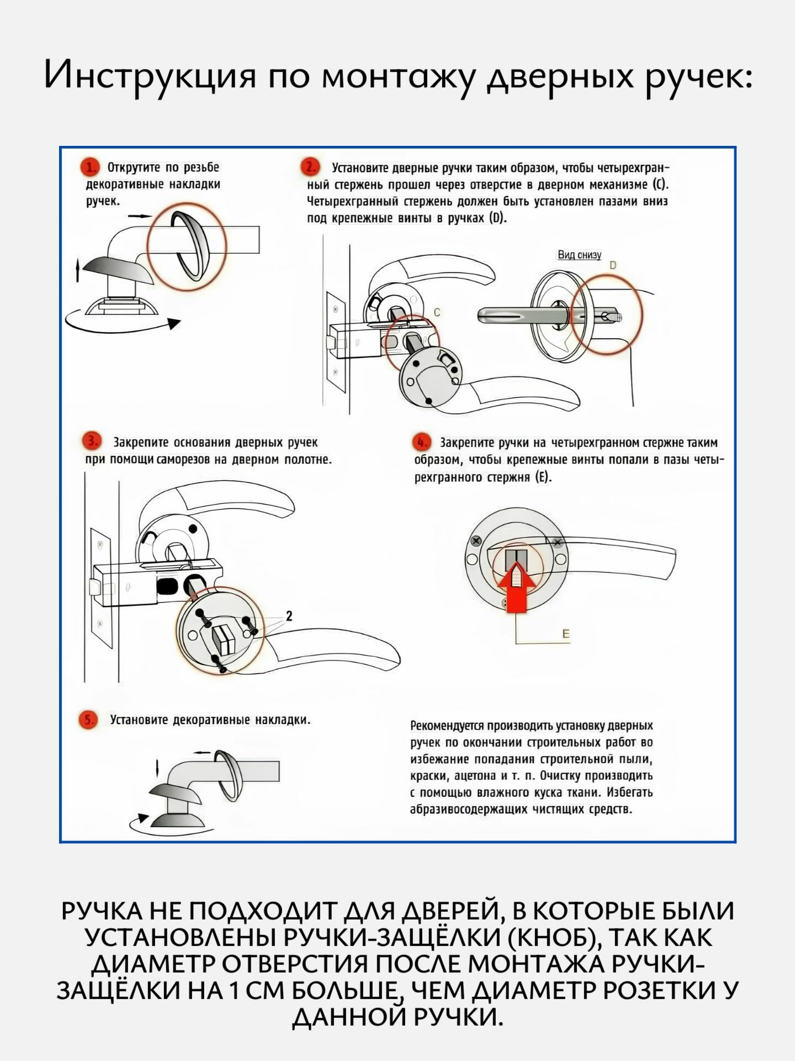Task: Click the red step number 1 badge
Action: [x=90, y=167]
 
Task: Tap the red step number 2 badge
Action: [x=310, y=167]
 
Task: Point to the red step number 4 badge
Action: [x=421, y=443]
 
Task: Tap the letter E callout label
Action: [x=566, y=634]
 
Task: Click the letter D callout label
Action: [x=612, y=266]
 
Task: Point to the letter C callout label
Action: [x=437, y=313]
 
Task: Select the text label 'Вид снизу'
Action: [x=579, y=255]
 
